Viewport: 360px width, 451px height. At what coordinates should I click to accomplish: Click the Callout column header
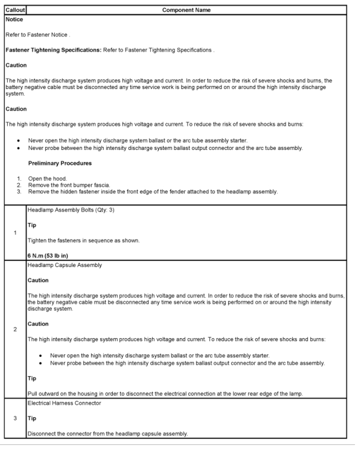pos(16,10)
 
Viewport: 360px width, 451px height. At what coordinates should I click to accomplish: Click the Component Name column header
pos(186,10)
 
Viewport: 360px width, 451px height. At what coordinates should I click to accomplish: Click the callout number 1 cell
pos(15,233)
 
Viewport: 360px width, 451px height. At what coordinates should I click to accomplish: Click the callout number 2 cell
pos(15,329)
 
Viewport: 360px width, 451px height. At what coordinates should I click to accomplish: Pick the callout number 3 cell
pos(15,418)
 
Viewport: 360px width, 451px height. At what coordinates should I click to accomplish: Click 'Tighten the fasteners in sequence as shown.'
pos(83,241)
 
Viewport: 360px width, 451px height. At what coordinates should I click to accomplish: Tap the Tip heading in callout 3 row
pos(32,418)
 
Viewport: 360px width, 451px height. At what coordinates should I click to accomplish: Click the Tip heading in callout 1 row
pos(32,225)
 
